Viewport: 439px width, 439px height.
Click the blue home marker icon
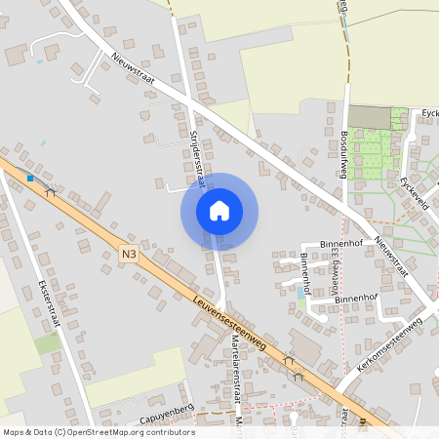[x=219, y=211]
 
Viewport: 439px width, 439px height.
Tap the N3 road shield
[x=130, y=254]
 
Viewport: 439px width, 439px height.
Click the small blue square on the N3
[x=31, y=179]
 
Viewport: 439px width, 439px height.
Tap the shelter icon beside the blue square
[x=50, y=192]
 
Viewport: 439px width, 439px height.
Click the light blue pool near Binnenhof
[x=299, y=291]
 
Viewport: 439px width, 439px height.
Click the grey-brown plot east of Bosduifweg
[x=368, y=118]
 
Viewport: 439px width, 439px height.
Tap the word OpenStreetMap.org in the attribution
[x=116, y=431]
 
